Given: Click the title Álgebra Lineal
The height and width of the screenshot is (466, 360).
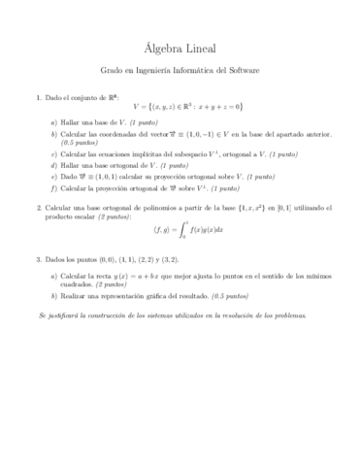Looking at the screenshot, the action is click(x=180, y=48).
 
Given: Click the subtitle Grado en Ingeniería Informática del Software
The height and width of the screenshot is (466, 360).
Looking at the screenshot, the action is click(x=180, y=71).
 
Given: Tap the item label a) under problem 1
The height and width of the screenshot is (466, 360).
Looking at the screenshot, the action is click(x=54, y=122).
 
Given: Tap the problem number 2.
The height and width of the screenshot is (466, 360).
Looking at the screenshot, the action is click(x=38, y=207).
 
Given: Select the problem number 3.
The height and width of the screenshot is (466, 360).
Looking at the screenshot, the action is click(x=38, y=260).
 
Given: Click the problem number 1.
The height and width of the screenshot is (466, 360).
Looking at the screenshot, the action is click(x=38, y=96).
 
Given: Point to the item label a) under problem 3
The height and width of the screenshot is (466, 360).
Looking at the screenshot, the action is click(x=54, y=276).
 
